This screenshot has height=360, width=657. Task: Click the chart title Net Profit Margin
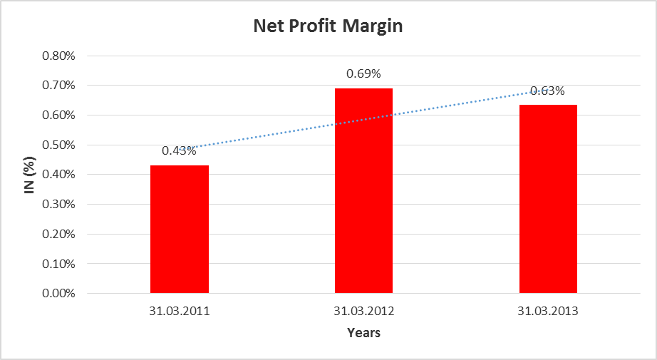point(328,27)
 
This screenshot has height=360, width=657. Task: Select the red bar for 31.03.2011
point(180,229)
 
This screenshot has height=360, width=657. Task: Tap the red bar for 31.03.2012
point(363,190)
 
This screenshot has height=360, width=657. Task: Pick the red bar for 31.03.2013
point(548,199)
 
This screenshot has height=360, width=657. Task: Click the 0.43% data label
point(179,150)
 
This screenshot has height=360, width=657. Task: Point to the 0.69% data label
point(363,73)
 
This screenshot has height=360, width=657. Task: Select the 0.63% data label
point(548,91)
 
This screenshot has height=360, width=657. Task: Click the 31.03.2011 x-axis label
point(180,312)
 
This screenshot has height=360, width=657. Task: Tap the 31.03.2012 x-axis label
point(363,312)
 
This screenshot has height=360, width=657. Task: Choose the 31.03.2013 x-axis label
point(548,312)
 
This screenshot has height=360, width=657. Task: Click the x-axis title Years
point(363,333)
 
